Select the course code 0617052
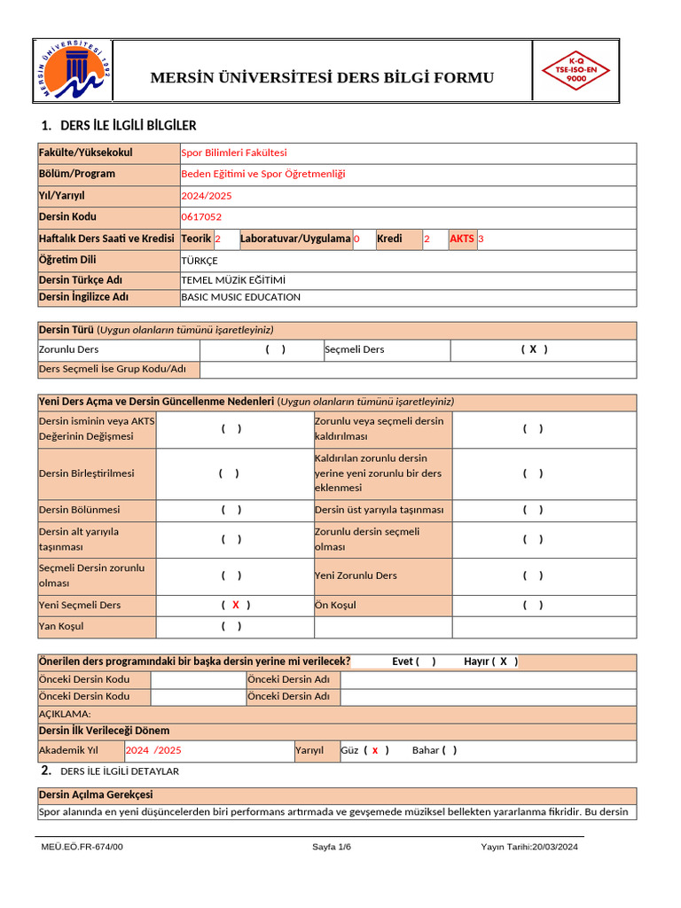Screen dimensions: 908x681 click(201, 217)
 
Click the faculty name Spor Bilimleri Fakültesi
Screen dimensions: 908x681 click(234, 153)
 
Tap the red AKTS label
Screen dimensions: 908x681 click(462, 239)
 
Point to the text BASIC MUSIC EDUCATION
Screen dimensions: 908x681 click(240, 298)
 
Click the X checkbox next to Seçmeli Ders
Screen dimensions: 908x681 click(533, 349)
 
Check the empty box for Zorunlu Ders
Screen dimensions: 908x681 click(276, 349)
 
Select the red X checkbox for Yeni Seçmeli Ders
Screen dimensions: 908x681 click(236, 606)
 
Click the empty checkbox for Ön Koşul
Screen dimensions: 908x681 click(533, 606)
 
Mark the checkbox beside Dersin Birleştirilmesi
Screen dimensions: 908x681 click(230, 474)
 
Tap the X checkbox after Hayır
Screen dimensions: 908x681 click(504, 661)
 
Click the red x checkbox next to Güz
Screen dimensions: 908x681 click(375, 750)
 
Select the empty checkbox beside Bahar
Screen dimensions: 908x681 click(450, 750)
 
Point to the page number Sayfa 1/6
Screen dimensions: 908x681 click(332, 847)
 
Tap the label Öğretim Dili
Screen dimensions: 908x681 click(67, 261)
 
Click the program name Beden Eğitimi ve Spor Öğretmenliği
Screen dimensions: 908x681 click(263, 175)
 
